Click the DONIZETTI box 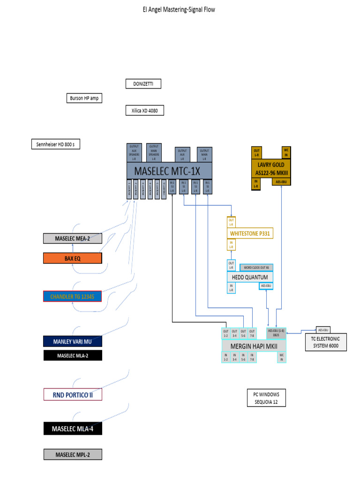[x=143, y=84]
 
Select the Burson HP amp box [x=84, y=98]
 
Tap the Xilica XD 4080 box [x=144, y=111]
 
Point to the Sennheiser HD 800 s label [x=56, y=144]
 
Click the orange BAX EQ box [x=72, y=258]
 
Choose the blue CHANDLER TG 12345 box [x=72, y=296]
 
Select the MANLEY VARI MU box [x=72, y=341]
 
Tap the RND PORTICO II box [x=72, y=395]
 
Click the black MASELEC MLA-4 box [x=72, y=428]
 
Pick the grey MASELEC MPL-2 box [x=72, y=454]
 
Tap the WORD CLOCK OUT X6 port [x=256, y=268]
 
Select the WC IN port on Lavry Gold [x=286, y=152]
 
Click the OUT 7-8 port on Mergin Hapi [x=252, y=333]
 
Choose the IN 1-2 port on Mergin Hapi [x=225, y=357]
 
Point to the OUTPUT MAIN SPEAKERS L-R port [x=154, y=152]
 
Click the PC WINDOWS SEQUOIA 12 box [x=266, y=398]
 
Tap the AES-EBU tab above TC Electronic [x=323, y=329]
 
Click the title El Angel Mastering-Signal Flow [x=179, y=9]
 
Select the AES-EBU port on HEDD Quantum [x=266, y=285]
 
